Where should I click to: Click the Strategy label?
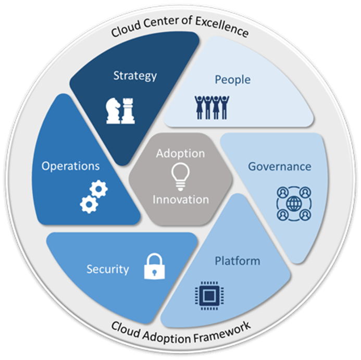[x=135, y=76]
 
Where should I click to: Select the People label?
[x=232, y=80]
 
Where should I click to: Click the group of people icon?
[x=211, y=107]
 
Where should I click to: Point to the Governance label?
[x=279, y=167]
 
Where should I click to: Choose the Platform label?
[x=238, y=260]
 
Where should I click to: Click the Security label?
[x=107, y=269]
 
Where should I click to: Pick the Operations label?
[x=70, y=166]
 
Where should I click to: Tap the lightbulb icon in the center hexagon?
[x=180, y=176]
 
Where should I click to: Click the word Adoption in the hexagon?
[x=180, y=154]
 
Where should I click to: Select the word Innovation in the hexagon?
[x=180, y=200]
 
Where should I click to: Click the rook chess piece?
[x=127, y=111]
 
